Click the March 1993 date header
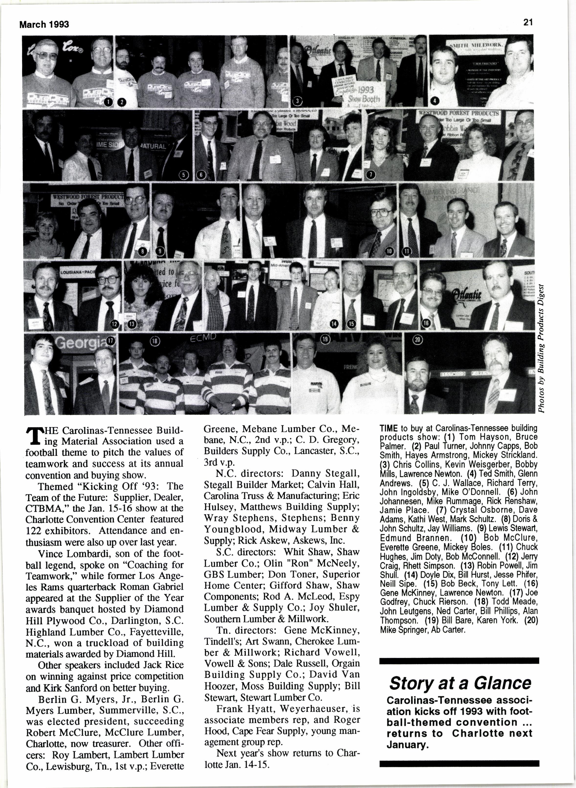click(44, 24)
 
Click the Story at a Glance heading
click(460, 683)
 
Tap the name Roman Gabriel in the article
click(160, 587)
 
